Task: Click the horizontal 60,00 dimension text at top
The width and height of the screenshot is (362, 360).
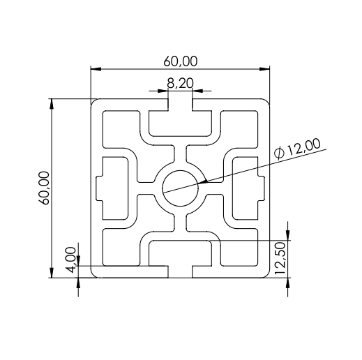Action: pos(181,61)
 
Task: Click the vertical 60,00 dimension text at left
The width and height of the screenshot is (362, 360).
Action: pos(44,188)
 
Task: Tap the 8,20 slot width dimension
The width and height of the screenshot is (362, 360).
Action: pos(180,83)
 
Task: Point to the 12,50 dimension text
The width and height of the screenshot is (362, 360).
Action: pos(280,258)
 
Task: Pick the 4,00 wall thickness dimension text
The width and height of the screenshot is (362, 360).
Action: pos(71,260)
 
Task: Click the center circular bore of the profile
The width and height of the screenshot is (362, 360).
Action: pos(180,188)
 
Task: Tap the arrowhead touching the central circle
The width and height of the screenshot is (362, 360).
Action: pos(202,181)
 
